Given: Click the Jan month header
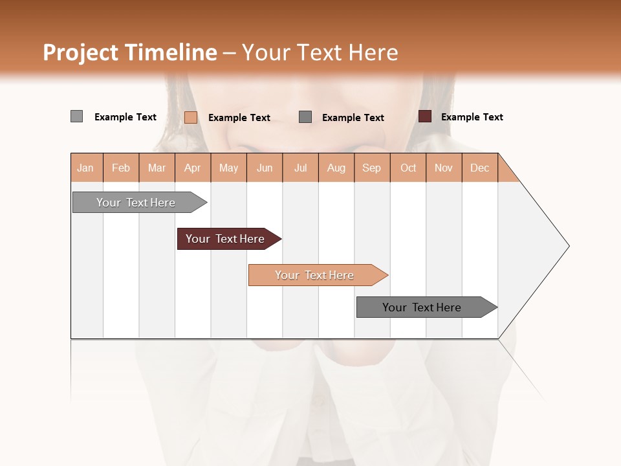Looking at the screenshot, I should pos(86,168).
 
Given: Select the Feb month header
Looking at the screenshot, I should pos(121,168).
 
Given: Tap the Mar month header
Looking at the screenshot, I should pos(157,168).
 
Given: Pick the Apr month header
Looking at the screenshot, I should pos(193,168).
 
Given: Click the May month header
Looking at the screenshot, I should pos(228,168).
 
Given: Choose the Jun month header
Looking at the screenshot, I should pos(265,168).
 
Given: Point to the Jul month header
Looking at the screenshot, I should pos(300,168).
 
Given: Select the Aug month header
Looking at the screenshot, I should pos(336,168).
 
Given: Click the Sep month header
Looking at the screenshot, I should pos(372,168).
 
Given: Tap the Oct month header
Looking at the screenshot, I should pos(408,168).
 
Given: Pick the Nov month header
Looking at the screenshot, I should pos(444,168).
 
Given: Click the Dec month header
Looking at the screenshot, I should pos(480,168).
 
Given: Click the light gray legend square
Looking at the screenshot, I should pos(76,116).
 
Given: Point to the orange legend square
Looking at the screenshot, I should pos(191,117).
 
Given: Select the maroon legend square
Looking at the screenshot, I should pos(425,116).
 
